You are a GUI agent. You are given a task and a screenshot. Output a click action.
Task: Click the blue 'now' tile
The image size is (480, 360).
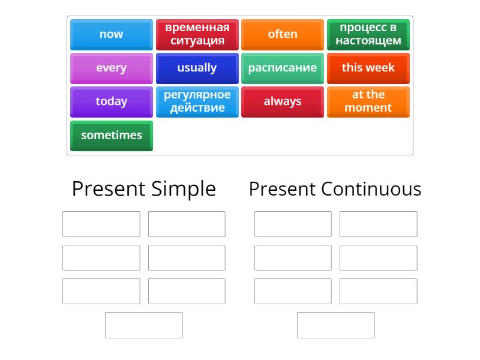click(x=111, y=34)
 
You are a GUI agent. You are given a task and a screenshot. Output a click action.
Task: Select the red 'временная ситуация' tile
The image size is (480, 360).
click(x=197, y=34)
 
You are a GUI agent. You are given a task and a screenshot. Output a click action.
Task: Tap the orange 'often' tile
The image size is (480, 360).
click(x=283, y=34)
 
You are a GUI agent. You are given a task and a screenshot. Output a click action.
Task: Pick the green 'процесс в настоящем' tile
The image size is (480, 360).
click(x=368, y=34)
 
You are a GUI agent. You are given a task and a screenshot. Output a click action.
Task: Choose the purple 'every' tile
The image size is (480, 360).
click(x=111, y=68)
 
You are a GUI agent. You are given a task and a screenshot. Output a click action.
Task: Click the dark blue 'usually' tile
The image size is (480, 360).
click(x=197, y=68)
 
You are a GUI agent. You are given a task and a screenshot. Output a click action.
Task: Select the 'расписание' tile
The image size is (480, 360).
click(x=283, y=68)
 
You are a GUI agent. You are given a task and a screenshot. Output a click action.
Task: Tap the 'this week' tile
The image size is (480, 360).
click(x=368, y=68)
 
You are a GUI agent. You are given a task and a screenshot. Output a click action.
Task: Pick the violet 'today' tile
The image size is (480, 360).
click(x=111, y=101)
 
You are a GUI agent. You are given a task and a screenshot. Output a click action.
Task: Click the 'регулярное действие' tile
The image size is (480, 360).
click(x=197, y=101)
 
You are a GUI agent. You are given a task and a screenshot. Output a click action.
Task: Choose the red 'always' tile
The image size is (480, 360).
click(x=283, y=101)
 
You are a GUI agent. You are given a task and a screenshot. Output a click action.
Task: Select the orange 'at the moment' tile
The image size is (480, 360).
click(x=368, y=101)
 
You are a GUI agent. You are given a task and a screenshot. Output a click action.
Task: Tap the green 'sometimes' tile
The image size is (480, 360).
click(x=111, y=135)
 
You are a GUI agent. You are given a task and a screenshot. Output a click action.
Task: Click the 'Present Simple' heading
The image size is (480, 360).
click(x=143, y=189)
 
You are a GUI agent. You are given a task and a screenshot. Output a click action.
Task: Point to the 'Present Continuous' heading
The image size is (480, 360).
click(x=335, y=189)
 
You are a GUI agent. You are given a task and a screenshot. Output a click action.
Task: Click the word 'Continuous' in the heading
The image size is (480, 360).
click(x=371, y=189)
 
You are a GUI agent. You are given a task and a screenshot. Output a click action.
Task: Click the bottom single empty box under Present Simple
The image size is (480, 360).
click(x=143, y=325)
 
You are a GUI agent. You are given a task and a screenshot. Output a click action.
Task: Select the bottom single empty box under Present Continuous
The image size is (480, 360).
click(x=335, y=325)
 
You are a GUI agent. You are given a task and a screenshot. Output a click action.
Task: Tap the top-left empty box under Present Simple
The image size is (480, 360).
click(x=101, y=224)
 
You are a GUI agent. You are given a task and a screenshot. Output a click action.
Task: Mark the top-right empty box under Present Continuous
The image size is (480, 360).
click(x=378, y=224)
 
